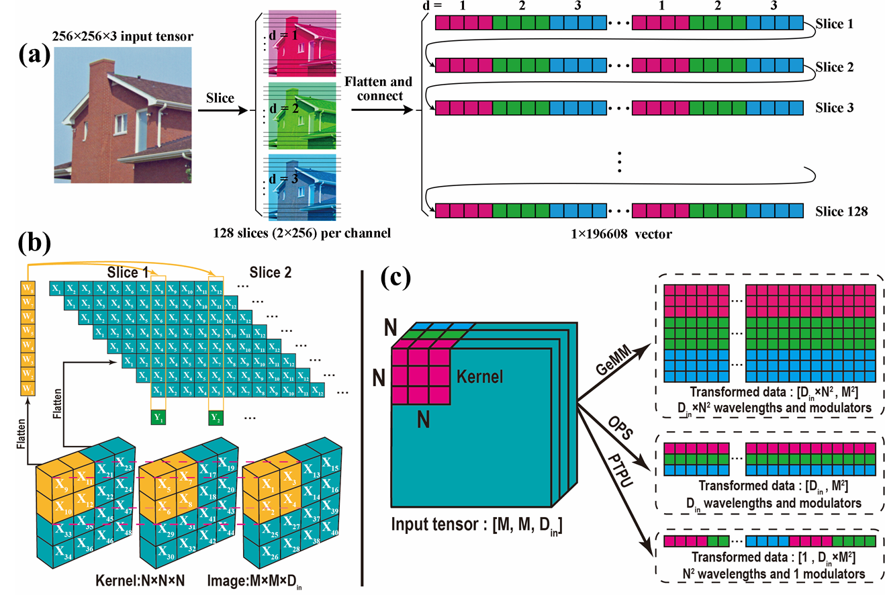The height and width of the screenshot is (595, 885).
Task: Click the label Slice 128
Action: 841,212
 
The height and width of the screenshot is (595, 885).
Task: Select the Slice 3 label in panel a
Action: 833,107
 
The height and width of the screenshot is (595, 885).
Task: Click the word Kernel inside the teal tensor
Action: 479,377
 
